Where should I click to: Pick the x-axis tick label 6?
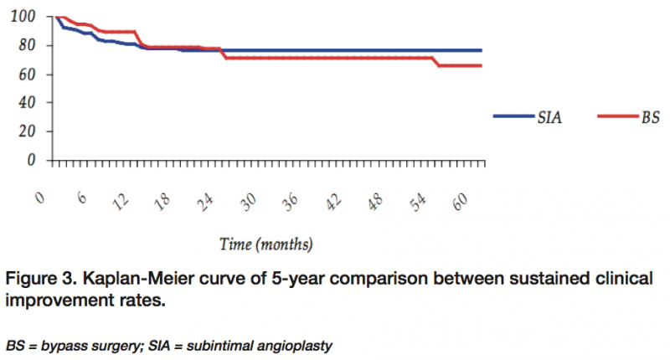click(81, 198)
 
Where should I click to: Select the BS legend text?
click(650, 118)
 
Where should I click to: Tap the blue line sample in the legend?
click(513, 118)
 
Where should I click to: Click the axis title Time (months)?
click(266, 244)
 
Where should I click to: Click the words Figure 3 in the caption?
click(39, 278)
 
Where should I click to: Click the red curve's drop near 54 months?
click(438, 62)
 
